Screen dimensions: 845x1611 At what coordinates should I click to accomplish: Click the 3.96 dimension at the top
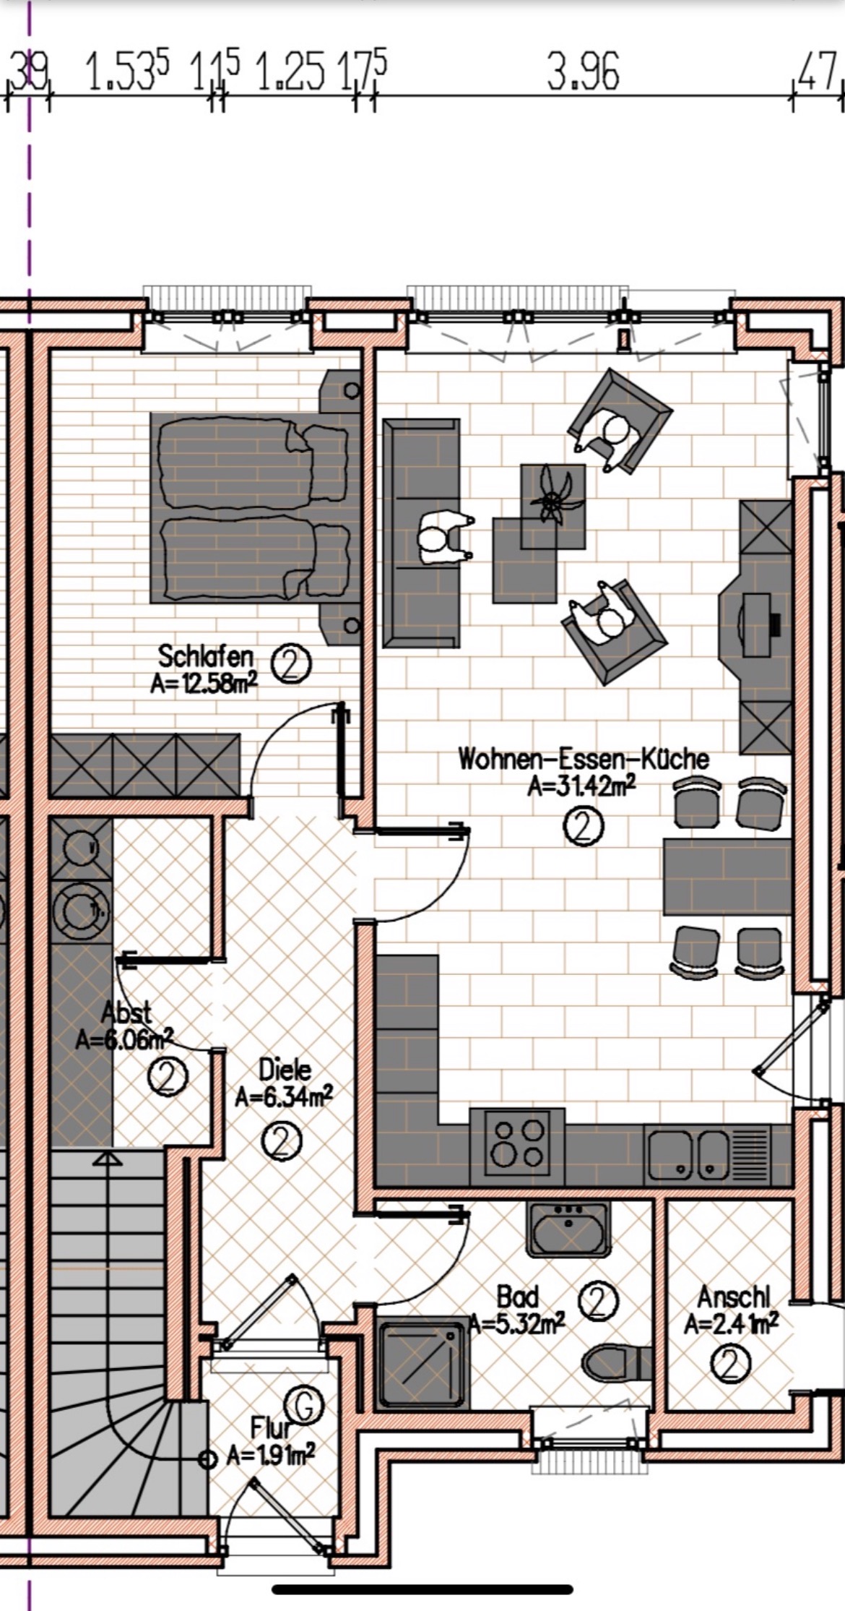pos(583,73)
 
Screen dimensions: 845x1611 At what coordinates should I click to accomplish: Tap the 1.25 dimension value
pos(290,73)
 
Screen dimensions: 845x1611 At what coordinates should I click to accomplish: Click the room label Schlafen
pos(206,657)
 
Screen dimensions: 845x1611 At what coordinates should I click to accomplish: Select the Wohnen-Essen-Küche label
pos(584,759)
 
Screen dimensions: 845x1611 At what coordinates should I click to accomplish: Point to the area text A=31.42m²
pos(581,786)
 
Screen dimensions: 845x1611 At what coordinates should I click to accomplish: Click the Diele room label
pos(285,1069)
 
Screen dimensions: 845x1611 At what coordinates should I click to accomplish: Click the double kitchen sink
pos(689,1154)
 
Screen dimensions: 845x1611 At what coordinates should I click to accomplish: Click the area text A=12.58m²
pos(204,683)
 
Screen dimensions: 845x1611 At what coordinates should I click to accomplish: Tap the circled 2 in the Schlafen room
pos(291,666)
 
